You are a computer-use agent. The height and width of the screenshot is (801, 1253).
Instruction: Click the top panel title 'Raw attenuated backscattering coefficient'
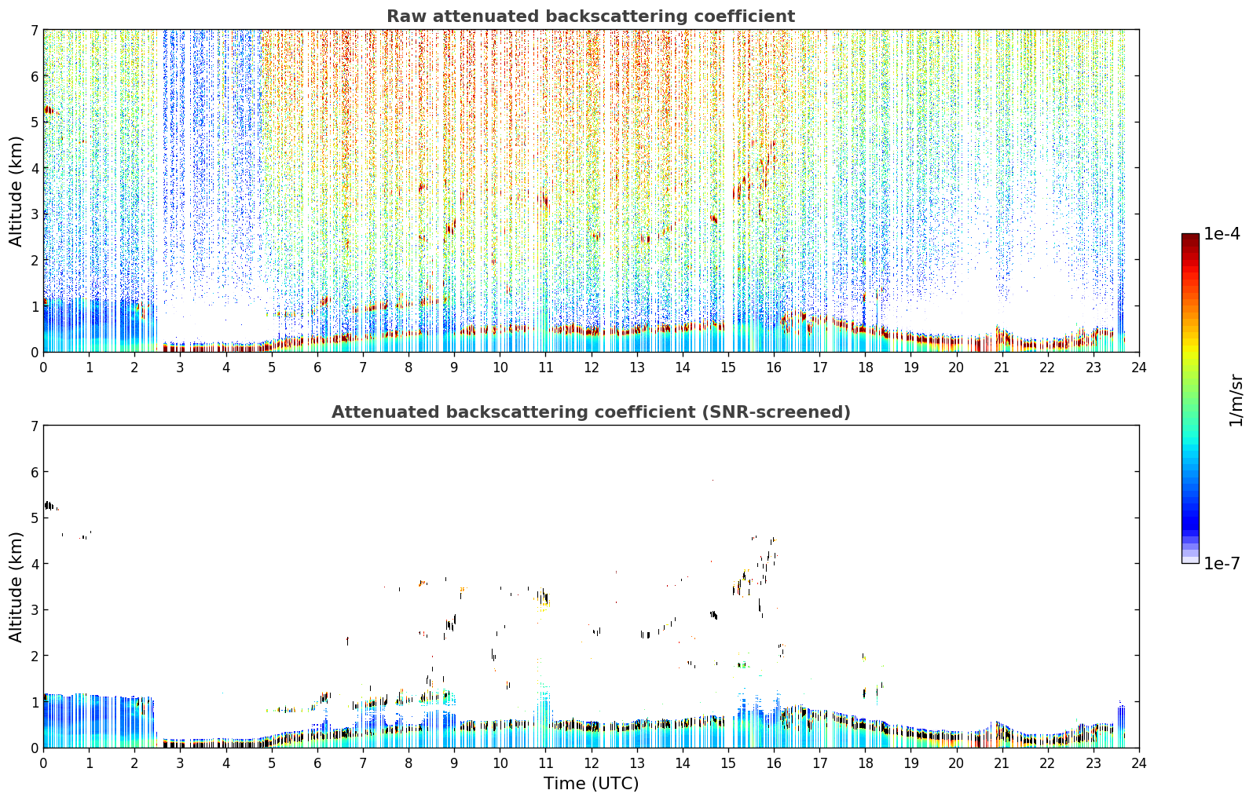(x=591, y=16)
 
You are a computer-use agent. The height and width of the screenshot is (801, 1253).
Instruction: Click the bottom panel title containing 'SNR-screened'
(x=591, y=412)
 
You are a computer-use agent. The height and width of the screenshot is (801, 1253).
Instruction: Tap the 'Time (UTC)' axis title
(x=591, y=783)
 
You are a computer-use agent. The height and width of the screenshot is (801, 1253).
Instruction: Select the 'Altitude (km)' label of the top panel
(x=16, y=191)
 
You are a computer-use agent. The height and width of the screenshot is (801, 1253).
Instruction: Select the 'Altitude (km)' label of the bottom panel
(x=16, y=587)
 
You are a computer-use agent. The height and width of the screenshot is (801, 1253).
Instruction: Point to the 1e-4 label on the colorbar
(x=1222, y=234)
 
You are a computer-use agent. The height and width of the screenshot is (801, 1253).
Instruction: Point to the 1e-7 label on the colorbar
(x=1222, y=563)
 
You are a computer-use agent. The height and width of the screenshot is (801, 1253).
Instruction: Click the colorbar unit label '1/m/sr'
(x=1236, y=401)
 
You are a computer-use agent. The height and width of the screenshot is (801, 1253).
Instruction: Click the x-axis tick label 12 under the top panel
(x=592, y=368)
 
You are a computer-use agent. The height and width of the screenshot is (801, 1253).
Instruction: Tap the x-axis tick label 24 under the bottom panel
(x=1139, y=763)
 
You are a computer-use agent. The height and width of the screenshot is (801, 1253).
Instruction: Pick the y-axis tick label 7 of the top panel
(x=35, y=30)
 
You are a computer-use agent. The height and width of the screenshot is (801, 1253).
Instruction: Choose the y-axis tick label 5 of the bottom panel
(x=35, y=518)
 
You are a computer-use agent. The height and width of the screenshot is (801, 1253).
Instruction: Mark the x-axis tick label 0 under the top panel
(x=44, y=368)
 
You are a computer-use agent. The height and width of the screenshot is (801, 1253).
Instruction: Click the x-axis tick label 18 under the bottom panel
(x=866, y=763)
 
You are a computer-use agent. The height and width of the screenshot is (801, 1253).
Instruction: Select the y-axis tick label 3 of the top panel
(x=35, y=214)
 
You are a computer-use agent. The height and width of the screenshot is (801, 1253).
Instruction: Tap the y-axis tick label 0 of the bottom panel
(x=35, y=748)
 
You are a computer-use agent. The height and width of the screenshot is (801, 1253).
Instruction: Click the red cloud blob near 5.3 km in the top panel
(x=49, y=110)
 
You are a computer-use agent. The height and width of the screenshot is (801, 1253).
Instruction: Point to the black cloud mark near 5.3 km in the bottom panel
(x=49, y=506)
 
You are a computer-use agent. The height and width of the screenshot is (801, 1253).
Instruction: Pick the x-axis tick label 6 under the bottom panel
(x=317, y=763)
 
